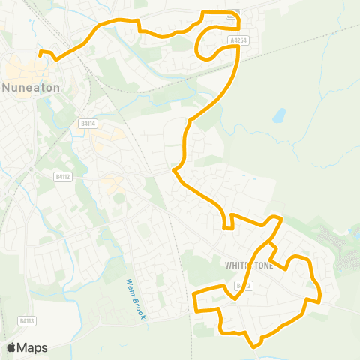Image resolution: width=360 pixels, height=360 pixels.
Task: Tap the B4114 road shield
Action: click(88, 124)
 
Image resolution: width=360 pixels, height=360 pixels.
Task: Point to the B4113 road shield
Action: click(27, 321)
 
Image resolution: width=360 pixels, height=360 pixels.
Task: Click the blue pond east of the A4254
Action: click(279, 115)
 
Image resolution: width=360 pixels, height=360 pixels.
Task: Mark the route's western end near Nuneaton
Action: click(40, 52)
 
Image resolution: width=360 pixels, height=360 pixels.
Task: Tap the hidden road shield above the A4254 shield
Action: click(235, 13)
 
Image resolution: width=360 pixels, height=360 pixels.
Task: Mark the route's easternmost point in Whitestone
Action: click(319, 295)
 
